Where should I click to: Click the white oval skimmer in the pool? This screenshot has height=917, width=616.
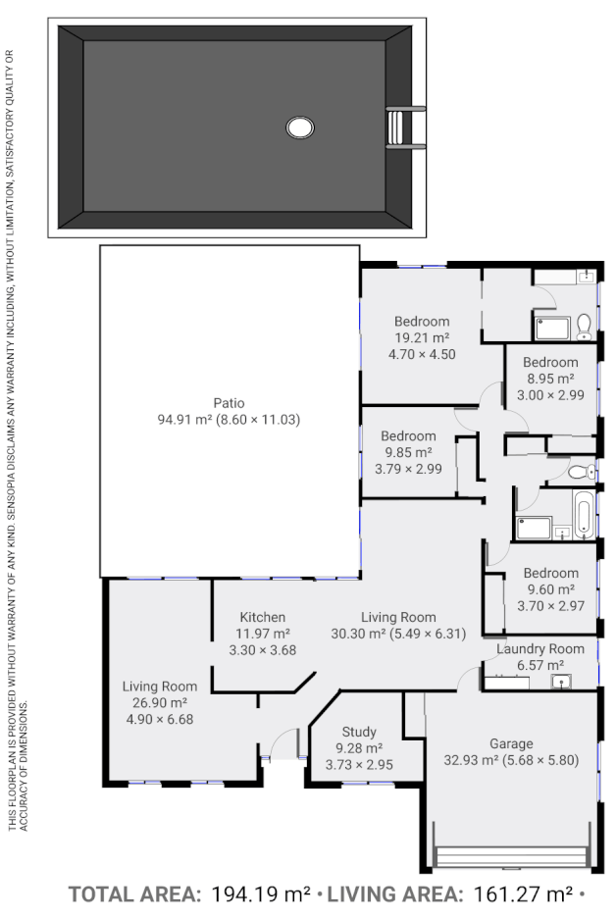300,127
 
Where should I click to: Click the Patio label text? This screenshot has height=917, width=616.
229,403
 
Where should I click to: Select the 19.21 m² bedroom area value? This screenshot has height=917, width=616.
422,337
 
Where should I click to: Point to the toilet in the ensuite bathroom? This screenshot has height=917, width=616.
584,323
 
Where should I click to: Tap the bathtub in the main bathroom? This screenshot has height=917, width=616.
584,516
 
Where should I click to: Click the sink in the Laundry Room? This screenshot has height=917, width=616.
560,681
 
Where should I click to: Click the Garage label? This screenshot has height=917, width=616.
511,743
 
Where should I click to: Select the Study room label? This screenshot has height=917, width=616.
359,732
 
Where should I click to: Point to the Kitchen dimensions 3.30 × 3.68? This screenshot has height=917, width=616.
262,649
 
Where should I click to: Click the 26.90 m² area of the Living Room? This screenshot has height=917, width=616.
159,702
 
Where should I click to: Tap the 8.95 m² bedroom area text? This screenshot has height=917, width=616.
550,379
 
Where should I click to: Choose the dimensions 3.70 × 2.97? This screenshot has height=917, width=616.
550,606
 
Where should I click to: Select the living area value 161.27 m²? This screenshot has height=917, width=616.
519,894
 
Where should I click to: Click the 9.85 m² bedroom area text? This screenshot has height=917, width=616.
408,452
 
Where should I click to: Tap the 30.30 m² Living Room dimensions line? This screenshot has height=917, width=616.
398,634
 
